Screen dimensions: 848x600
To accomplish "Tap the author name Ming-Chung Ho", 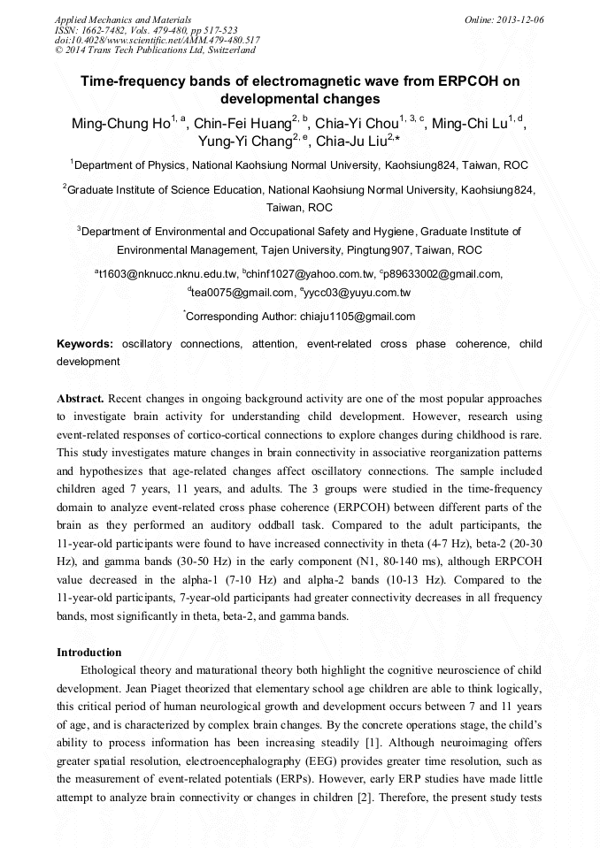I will point(120,124).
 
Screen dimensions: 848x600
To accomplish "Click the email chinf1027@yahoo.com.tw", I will point(311,274).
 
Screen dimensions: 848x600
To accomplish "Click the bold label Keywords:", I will point(85,344).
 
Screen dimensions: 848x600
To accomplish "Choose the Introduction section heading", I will point(92,653).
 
